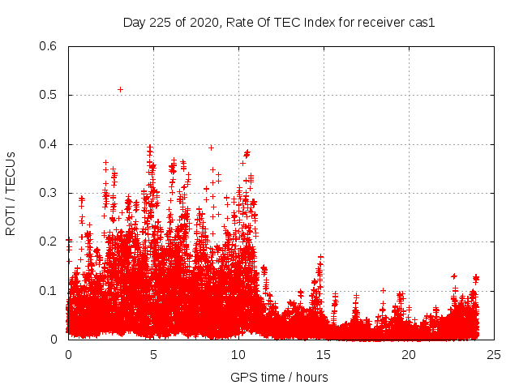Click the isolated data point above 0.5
(x=121, y=89)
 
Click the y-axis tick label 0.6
(x=48, y=46)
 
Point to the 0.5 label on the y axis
(x=48, y=95)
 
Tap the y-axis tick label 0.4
(x=48, y=144)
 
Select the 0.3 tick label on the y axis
(x=48, y=193)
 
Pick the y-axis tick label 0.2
(x=48, y=242)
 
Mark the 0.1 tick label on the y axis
(x=48, y=291)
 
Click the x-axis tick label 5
(x=153, y=355)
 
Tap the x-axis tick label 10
(x=238, y=355)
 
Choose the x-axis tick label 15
(x=324, y=355)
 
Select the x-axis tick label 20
(x=409, y=355)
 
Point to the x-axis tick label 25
(x=494, y=355)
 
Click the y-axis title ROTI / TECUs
(x=11, y=193)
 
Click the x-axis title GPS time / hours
(x=280, y=377)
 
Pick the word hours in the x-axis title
(x=311, y=377)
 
